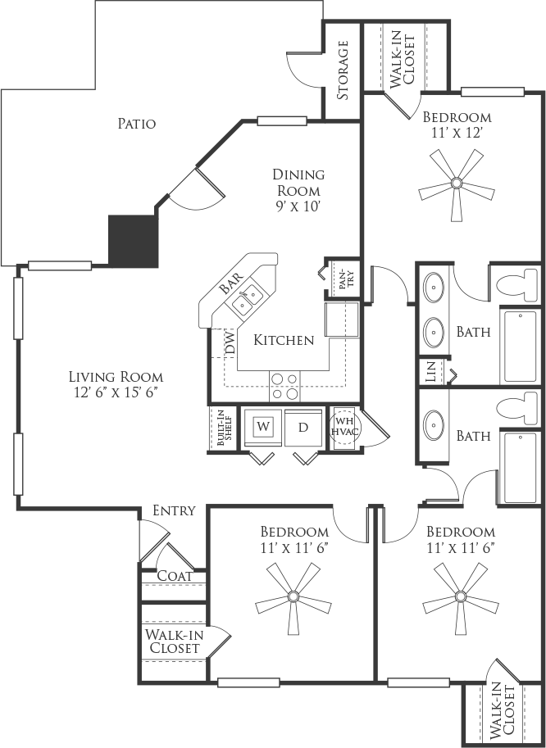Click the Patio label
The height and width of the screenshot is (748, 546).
[x=136, y=124]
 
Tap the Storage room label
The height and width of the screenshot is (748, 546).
[x=342, y=70]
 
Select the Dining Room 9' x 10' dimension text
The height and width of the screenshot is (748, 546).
[x=298, y=206]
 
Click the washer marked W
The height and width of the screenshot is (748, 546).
[x=262, y=427]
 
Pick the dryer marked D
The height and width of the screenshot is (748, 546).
[x=303, y=427]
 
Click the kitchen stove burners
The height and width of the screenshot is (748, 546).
[x=284, y=387]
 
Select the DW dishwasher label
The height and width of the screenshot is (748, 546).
[x=230, y=343]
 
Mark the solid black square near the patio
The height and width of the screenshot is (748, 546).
[x=133, y=241]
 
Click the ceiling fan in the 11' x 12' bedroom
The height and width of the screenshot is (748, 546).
[x=457, y=184]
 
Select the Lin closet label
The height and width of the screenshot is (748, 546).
[x=431, y=372]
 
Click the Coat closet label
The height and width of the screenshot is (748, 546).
[x=175, y=576]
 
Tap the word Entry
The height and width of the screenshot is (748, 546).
[x=174, y=510]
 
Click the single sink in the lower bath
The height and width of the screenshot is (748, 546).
[x=435, y=423]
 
